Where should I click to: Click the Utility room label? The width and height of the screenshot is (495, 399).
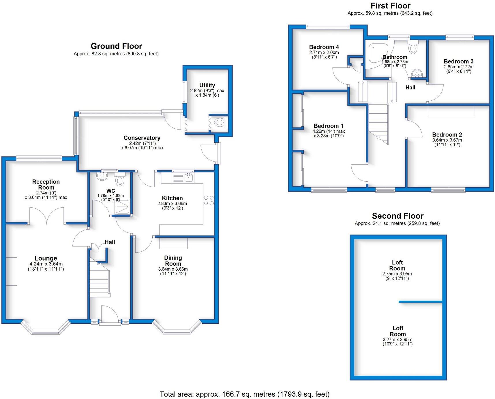coord(207,85)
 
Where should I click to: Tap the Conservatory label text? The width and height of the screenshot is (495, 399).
coord(142,138)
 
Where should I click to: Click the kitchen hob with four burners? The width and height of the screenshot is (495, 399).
coord(209,201)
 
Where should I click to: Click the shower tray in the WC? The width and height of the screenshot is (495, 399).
coord(122,207)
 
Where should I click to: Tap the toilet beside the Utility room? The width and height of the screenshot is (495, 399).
coord(220,123)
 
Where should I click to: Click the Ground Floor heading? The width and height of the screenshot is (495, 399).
coord(116,46)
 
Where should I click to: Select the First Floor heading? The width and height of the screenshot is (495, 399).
coord(390,6)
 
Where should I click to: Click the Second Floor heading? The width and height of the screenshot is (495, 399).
coord(397,216)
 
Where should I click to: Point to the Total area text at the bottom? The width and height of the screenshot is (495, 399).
coord(244,394)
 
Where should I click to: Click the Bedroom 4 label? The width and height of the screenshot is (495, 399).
coord(324,47)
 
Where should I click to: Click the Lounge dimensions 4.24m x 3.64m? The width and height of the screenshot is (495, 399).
coord(46,264)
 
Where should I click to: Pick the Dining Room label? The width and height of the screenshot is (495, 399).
coord(173,261)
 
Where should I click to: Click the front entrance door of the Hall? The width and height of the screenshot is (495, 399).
coord(110,317)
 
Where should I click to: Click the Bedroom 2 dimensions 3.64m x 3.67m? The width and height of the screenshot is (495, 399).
coord(447,140)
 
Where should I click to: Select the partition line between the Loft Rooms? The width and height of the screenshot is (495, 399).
coord(420,302)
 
